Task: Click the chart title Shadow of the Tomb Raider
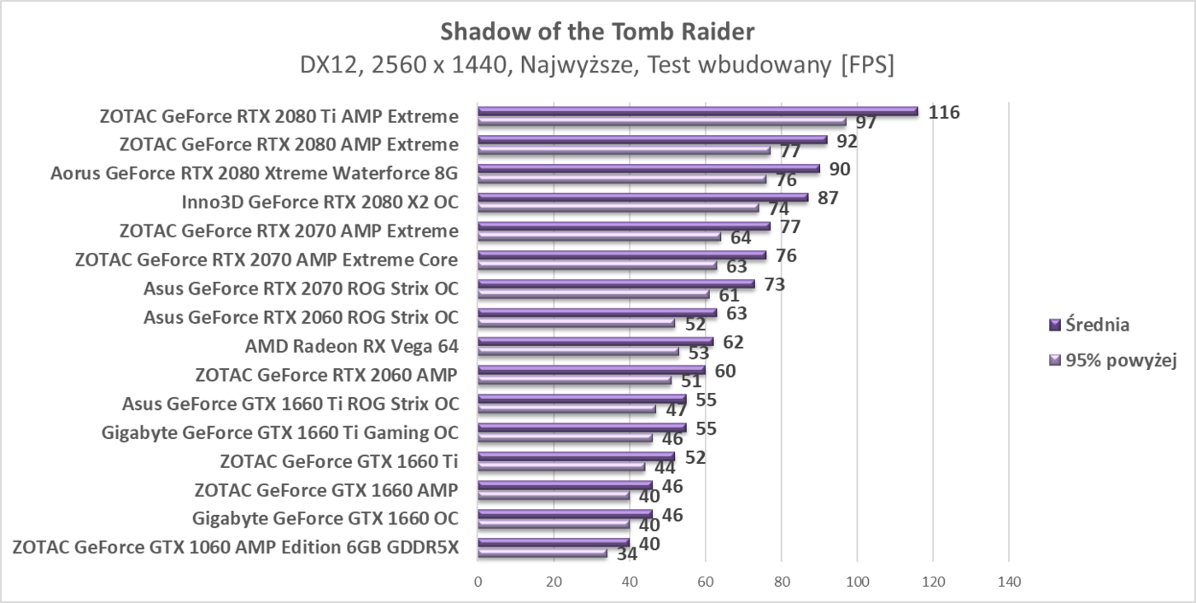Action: coord(597,32)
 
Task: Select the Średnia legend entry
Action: coord(1089,325)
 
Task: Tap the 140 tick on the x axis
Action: coord(1009,582)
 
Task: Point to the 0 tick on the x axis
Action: coord(478,582)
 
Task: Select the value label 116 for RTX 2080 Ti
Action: coord(945,112)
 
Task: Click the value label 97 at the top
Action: coord(866,123)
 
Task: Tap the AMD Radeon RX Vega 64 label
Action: coord(351,347)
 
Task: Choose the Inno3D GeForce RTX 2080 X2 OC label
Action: coord(320,202)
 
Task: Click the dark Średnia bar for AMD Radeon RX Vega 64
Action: coord(595,342)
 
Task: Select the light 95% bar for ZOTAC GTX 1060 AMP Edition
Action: coord(542,553)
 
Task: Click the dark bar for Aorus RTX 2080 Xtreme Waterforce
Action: coord(648,168)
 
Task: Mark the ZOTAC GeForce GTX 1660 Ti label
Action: coord(339,461)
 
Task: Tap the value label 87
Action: coord(828,198)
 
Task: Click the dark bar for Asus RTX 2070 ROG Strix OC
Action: coord(616,284)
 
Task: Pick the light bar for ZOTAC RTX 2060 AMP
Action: coord(574,380)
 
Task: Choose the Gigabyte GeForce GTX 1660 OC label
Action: coord(325,518)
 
